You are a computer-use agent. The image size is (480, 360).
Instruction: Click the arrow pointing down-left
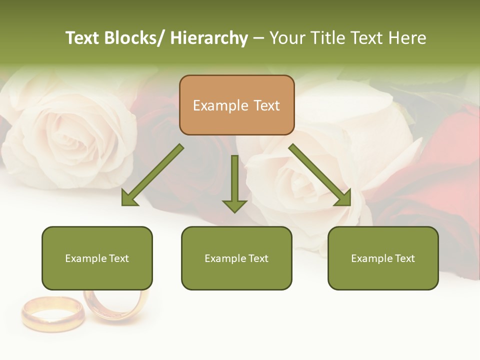(x=153, y=175)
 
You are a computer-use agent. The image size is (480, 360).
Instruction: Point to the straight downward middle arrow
(x=234, y=182)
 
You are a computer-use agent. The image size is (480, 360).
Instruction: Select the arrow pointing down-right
(x=320, y=175)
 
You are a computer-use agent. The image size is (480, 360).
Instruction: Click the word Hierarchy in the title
(x=209, y=38)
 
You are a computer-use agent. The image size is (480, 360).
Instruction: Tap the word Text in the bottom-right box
(x=404, y=258)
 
